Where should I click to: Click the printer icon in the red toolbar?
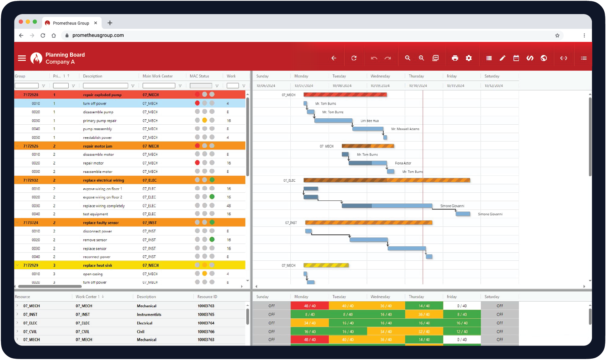click(455, 58)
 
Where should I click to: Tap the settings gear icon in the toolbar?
click(469, 58)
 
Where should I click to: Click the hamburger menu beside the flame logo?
click(22, 58)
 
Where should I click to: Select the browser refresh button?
click(43, 36)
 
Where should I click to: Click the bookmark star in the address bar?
click(557, 36)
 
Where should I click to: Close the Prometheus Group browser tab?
click(96, 23)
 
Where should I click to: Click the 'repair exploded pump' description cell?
click(102, 95)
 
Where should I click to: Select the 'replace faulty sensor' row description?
click(101, 223)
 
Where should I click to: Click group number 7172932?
click(31, 180)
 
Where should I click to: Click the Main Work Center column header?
click(157, 76)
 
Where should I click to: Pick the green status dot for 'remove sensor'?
click(212, 240)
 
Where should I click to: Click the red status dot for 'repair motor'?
click(197, 163)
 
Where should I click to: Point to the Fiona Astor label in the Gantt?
click(403, 163)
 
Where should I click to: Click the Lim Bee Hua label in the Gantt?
click(369, 121)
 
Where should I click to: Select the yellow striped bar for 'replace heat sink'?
click(326, 265)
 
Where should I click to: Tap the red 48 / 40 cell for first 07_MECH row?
click(310, 306)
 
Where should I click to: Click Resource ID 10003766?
click(206, 332)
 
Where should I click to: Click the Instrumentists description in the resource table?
click(149, 315)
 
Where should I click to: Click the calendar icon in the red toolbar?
click(516, 58)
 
